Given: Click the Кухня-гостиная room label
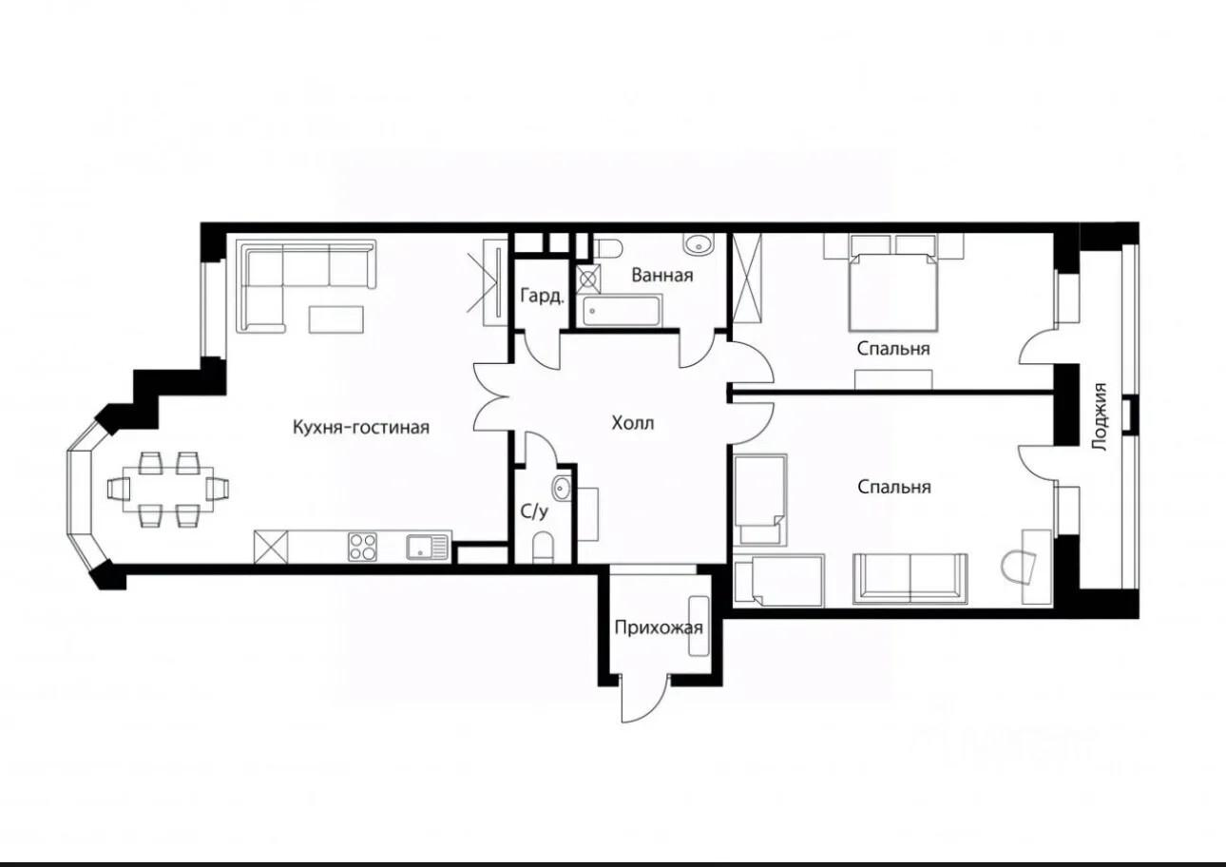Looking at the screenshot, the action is [x=361, y=427].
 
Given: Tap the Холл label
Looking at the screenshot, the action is [x=633, y=423].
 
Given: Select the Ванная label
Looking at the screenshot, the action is [x=662, y=275].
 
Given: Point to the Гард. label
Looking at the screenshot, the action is [x=542, y=296].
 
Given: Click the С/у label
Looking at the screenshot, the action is [x=534, y=511].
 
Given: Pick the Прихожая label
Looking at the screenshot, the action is [x=659, y=627].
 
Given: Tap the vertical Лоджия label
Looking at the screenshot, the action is [x=1099, y=416].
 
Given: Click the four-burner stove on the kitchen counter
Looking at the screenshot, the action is [x=363, y=547].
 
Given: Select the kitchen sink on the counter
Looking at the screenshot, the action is [x=428, y=548].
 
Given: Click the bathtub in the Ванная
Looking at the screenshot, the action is [x=623, y=311].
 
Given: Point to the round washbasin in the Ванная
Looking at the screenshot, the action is [x=699, y=244].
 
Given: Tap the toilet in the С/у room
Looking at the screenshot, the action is [x=543, y=548].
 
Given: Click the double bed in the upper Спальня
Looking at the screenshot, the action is [x=893, y=291].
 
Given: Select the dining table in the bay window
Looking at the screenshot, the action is [x=168, y=489].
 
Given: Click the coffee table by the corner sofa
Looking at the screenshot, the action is [x=336, y=319].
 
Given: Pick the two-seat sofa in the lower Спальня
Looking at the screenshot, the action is [x=910, y=579].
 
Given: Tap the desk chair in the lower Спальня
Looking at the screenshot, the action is [x=1019, y=568].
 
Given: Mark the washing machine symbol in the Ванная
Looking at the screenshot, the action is [x=588, y=279].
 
